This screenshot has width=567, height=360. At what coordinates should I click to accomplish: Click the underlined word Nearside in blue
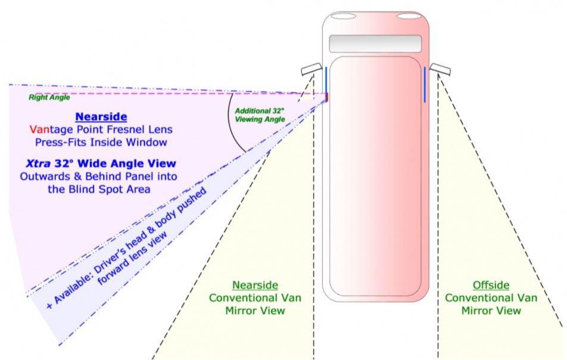101,116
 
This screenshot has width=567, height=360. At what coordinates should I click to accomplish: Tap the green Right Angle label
49,97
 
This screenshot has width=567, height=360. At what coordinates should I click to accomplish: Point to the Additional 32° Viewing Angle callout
260,115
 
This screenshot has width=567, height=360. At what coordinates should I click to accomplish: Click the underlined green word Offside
491,285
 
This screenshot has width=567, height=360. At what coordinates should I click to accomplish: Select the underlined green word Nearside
255,285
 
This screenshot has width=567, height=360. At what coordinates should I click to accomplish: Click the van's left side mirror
311,69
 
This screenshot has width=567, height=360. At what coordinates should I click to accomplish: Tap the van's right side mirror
440,69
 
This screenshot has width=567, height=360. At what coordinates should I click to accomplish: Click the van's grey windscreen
375,44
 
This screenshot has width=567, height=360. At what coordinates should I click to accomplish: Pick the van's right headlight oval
409,16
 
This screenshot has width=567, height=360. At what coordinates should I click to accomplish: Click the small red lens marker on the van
327,97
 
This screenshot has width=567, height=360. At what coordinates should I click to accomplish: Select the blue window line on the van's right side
425,84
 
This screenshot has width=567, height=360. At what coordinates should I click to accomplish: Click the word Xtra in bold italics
38,163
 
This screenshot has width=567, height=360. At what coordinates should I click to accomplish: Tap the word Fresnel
128,129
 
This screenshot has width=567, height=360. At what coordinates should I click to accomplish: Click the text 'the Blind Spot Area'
99,189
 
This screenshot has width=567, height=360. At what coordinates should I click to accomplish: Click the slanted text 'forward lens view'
132,257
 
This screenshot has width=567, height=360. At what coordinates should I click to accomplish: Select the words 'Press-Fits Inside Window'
101,142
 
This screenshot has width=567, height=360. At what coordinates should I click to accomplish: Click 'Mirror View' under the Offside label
491,311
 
